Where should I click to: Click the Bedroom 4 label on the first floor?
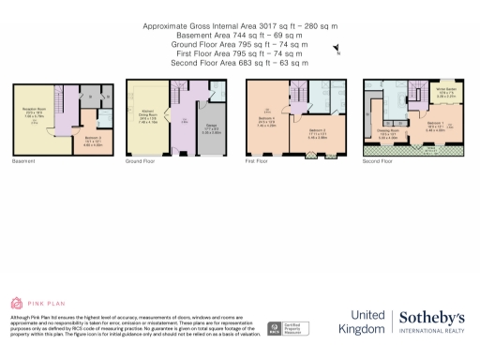tap(266, 120)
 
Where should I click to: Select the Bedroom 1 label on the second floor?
tap(433, 125)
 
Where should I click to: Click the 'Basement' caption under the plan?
tap(23, 161)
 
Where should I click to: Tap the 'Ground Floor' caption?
tap(140, 161)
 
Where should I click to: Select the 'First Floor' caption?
tap(258, 161)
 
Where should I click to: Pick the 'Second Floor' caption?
tap(378, 161)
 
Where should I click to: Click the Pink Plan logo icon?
tap(16, 303)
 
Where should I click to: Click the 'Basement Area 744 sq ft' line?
tap(240, 35)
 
